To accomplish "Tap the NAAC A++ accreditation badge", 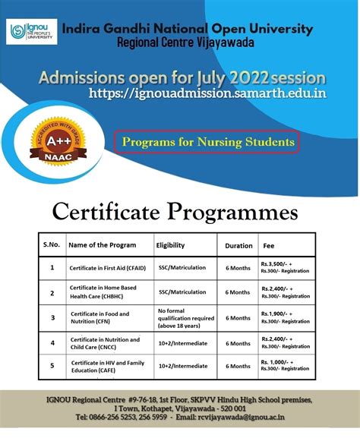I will pos(52,134).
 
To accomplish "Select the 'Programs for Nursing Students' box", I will pos(205,142).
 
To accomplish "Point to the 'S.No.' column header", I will pos(52,244).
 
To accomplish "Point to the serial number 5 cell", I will pos(52,366).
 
